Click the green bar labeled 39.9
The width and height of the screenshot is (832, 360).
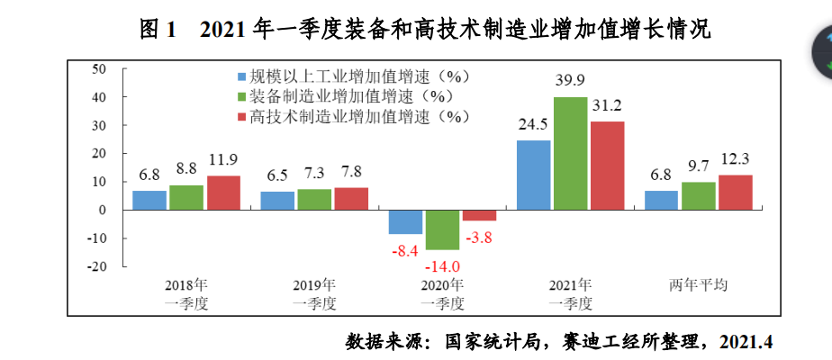tap(570, 153)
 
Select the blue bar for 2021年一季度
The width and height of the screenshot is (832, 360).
tap(533, 175)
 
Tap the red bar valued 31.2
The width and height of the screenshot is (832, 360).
tap(607, 166)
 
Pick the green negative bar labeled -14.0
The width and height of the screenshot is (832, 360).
tap(442, 229)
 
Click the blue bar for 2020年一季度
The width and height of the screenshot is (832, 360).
tap(405, 221)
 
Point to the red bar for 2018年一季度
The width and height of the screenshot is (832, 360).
tap(223, 193)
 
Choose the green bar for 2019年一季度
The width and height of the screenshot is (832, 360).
tap(314, 199)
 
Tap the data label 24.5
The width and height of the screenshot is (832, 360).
tap(533, 124)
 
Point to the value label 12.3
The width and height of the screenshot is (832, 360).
tap(735, 159)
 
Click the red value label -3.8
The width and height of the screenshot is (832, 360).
tap(479, 238)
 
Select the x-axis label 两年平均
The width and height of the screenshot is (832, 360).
tap(698, 285)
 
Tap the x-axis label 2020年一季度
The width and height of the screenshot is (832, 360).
tap(442, 294)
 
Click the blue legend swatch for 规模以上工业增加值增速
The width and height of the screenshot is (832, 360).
tap(241, 77)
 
